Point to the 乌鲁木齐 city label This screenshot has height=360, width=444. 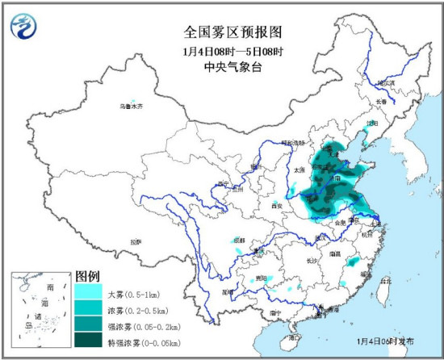click(x=130, y=107)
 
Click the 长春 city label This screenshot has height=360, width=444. click(x=380, y=101)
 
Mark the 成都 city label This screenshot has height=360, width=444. click(x=237, y=239)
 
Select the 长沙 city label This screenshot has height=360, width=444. click(x=312, y=260)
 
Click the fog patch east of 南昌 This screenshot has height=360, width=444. click(x=352, y=262)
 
